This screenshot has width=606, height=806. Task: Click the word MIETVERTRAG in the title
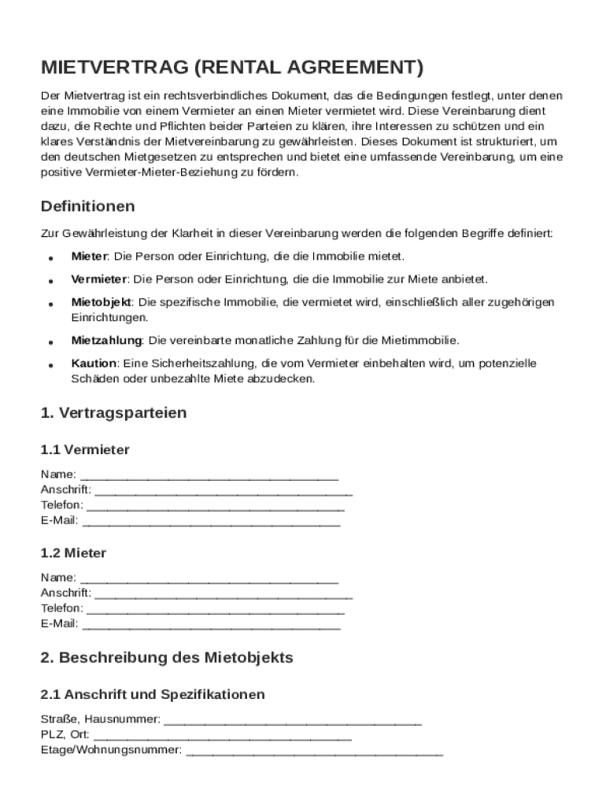click(x=114, y=67)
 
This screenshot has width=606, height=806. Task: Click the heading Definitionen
click(x=87, y=206)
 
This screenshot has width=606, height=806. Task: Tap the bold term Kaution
click(x=94, y=364)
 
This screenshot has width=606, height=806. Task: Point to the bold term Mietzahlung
click(x=106, y=341)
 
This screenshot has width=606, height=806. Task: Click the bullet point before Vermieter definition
click(x=50, y=280)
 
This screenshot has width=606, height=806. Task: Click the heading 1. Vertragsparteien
click(x=113, y=412)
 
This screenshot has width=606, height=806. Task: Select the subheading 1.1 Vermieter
click(x=85, y=450)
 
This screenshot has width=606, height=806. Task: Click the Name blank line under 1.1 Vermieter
click(x=209, y=475)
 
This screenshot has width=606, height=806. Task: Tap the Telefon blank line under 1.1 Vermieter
click(x=215, y=505)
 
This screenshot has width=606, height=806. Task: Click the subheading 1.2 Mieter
click(x=73, y=553)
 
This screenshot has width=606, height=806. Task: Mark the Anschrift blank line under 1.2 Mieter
click(x=223, y=594)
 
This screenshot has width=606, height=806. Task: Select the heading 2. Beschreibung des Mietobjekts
click(x=166, y=657)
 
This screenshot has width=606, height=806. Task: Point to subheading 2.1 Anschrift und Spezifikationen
click(x=153, y=695)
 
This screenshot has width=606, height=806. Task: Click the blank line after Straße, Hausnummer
click(x=293, y=720)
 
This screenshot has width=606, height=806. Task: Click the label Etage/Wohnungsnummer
click(x=110, y=750)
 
